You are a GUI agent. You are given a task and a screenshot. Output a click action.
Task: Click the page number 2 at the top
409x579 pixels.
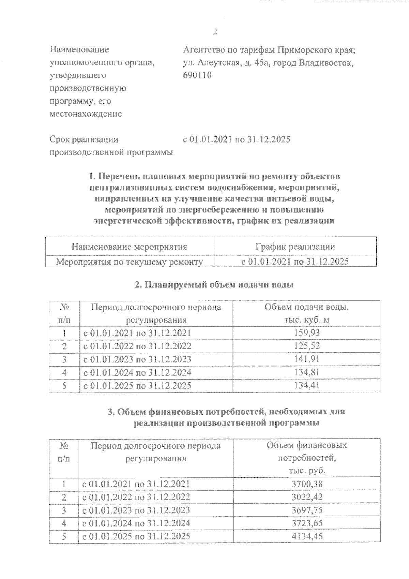tap(215, 32)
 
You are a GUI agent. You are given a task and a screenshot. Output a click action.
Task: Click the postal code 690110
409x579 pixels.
tap(197, 75)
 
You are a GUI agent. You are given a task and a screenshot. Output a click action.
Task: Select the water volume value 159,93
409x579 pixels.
tap(307, 333)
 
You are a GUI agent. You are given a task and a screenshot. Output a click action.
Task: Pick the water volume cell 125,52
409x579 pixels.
tap(307, 346)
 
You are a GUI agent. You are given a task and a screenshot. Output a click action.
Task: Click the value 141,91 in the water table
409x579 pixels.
tap(307, 359)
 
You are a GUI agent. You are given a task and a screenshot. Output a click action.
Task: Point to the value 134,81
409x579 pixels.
tap(307, 372)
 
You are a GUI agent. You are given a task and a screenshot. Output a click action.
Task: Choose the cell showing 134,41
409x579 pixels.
tap(307, 386)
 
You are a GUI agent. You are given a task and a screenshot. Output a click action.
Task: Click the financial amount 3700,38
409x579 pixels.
tap(307, 484)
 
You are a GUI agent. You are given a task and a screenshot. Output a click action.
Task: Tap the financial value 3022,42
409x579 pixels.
tap(307, 497)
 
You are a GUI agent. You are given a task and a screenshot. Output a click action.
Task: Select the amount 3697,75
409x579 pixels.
tap(307, 510)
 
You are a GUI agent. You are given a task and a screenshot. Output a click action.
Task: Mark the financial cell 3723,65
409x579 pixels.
tap(307, 523)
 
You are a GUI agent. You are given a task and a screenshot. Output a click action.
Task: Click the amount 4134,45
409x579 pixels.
tap(307, 536)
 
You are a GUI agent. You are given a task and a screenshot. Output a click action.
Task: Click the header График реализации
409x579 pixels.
tap(295, 247)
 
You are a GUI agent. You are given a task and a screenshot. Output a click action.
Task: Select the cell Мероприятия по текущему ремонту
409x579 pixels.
tap(130, 262)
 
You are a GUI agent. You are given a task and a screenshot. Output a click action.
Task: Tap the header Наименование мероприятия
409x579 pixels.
tap(130, 247)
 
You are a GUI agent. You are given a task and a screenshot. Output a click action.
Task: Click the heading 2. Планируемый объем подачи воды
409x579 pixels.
tap(214, 285)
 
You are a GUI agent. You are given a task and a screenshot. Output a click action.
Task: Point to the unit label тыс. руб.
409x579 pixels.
tap(307, 471)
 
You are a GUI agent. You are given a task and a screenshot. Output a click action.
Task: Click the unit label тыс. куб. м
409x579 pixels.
tap(307, 320)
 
